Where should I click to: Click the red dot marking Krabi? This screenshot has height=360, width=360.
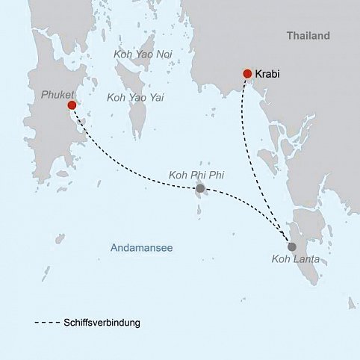tap(247, 73)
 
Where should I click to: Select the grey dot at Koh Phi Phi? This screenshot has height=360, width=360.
tap(199, 190)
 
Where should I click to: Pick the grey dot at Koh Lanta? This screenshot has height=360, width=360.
tap(291, 246)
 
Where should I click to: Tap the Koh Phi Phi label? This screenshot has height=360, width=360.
tap(197, 175)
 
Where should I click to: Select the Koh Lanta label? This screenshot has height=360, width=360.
tap(293, 261)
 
